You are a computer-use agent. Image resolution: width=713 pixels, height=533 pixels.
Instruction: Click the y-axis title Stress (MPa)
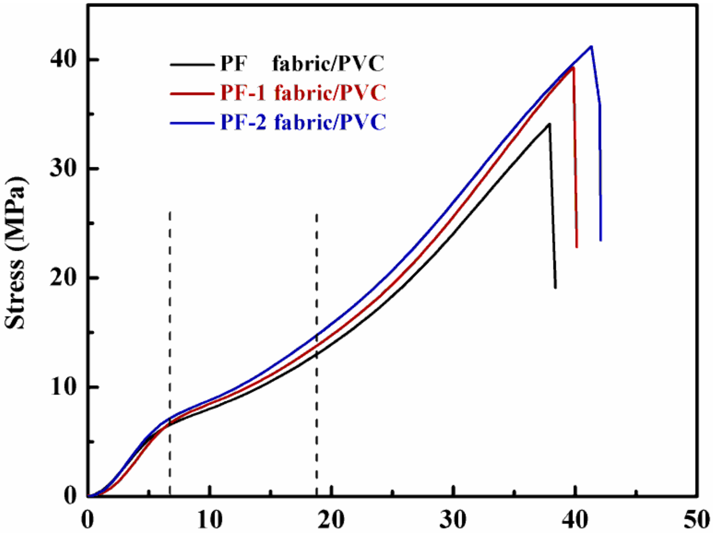tap(15, 253)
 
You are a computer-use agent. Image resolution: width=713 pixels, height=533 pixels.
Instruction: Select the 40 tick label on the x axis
tap(575, 519)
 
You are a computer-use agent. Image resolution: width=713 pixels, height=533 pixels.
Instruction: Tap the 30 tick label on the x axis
tap(453, 519)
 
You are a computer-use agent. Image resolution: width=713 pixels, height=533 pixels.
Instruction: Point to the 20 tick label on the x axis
tap(331, 519)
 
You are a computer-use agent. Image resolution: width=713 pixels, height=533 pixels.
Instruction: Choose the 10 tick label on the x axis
tap(210, 519)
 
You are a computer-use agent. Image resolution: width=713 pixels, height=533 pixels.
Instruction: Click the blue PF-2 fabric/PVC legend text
tap(303, 122)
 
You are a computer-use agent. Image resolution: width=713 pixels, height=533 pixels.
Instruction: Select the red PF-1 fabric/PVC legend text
tap(303, 92)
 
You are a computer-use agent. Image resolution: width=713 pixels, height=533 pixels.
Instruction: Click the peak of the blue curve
tap(591, 46)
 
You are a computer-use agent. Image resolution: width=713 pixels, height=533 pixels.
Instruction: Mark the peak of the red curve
tap(573, 67)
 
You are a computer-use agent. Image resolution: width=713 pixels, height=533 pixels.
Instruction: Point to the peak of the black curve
tap(550, 124)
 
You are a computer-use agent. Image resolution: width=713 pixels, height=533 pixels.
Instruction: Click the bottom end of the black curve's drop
tap(556, 288)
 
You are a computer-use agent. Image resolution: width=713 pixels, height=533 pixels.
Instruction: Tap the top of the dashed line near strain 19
tap(317, 214)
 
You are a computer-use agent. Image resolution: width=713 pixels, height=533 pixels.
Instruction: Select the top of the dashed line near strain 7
tap(170, 212)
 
